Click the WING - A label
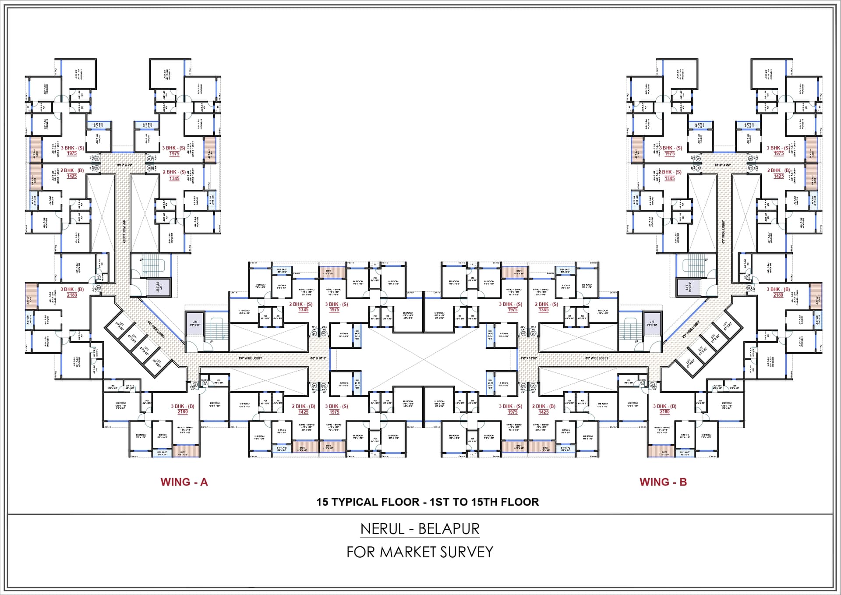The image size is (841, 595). tap(184, 482)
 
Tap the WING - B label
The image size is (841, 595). tap(663, 482)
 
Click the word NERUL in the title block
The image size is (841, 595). tap(382, 529)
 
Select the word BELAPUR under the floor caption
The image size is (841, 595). tap(449, 529)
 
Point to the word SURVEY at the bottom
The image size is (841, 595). tap(466, 552)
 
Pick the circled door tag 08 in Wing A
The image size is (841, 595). tap(97, 158)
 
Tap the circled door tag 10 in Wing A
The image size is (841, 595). tap(149, 168)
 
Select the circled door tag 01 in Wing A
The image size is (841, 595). tap(314, 333)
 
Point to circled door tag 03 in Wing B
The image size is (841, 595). tap(523, 385)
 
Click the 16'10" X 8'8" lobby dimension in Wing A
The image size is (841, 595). tap(124, 165)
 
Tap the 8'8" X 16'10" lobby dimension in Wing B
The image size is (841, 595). tap(528, 358)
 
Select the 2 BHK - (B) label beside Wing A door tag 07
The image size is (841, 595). tap(72, 170)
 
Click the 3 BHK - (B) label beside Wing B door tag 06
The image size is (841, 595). tap(778, 289)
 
